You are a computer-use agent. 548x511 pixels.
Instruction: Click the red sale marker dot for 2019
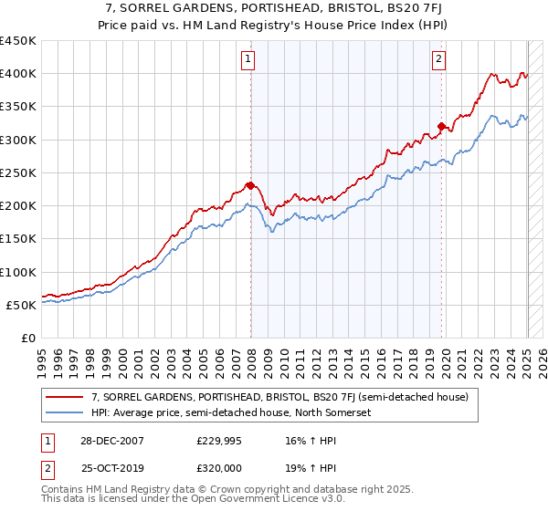tap(441, 127)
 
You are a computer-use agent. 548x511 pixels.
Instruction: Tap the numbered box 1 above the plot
tap(248, 60)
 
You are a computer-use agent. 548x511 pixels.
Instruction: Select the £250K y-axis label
tap(17, 172)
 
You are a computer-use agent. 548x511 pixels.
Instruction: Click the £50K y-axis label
tap(21, 305)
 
